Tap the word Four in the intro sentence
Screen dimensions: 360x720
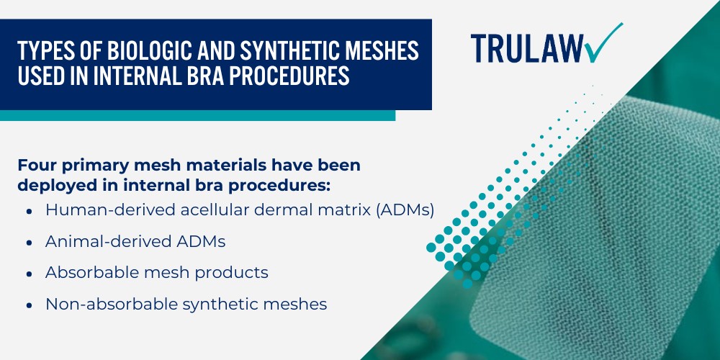[x=36, y=165]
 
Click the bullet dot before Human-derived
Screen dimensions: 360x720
[x=28, y=210]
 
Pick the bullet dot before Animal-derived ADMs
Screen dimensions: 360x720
[x=28, y=242]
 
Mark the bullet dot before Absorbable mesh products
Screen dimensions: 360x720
[x=28, y=274]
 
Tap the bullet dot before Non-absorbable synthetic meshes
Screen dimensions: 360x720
[x=28, y=305]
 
